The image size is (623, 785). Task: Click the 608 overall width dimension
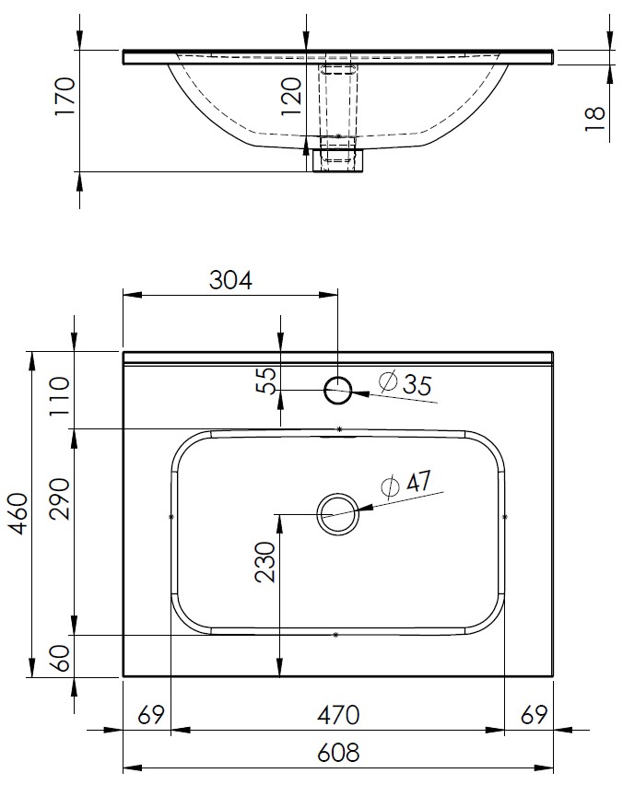tap(338, 753)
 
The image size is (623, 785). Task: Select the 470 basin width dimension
tap(338, 715)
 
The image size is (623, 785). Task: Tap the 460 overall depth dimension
tap(19, 513)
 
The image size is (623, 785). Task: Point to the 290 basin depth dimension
tap(60, 499)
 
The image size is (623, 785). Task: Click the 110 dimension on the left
tap(60, 396)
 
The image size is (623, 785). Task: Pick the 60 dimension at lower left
tap(60, 658)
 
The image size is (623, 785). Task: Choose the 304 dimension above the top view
tap(230, 280)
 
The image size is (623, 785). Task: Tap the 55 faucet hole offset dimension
tap(267, 381)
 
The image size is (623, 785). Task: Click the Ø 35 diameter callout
tap(406, 384)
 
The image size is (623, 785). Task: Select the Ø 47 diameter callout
tap(406, 483)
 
